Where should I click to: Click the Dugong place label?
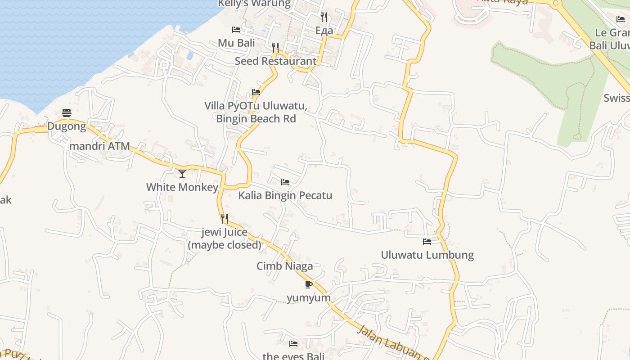(67, 126)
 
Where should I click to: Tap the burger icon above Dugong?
(67, 112)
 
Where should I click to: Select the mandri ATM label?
(99, 146)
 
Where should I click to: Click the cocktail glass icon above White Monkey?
(182, 173)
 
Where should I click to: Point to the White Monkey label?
(182, 187)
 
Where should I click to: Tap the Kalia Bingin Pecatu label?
(285, 195)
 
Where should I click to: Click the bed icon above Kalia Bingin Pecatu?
(285, 182)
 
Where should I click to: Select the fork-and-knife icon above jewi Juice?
(224, 219)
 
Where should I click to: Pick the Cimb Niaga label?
(284, 266)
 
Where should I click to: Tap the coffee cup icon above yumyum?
(308, 284)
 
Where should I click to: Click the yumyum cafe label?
(309, 298)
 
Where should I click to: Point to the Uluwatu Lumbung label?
(427, 255)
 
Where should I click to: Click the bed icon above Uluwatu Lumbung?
(427, 242)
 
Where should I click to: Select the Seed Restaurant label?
(275, 61)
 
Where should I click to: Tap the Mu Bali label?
(236, 43)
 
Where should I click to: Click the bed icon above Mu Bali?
(236, 30)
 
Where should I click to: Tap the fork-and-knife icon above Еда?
(324, 17)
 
